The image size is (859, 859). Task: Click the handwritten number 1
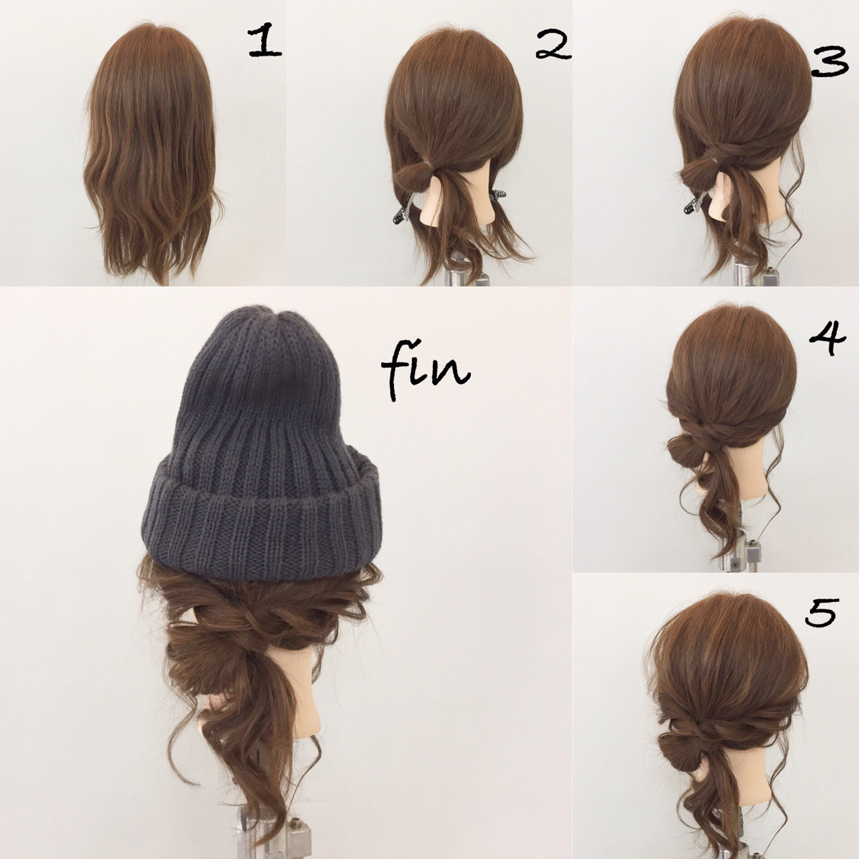click(x=264, y=41)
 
